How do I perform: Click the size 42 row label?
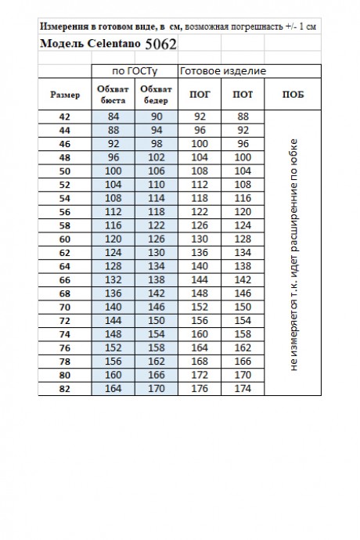pyautogui.click(x=64, y=117)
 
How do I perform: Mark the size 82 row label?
pyautogui.click(x=64, y=388)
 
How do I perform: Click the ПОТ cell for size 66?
pyautogui.click(x=243, y=279)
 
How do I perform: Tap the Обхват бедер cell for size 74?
pyautogui.click(x=156, y=334)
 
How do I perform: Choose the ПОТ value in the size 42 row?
pyautogui.click(x=243, y=117)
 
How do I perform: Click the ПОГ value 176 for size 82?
pyautogui.click(x=200, y=388)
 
